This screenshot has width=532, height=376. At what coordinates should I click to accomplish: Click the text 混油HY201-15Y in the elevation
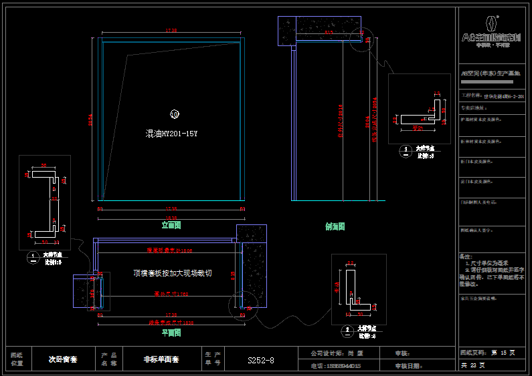tap(172, 134)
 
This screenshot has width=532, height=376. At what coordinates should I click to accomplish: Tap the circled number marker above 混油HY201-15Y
tap(175, 114)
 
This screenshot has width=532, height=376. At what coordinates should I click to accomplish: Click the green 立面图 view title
tap(171, 226)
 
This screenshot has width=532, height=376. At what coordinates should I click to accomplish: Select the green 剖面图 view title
tap(335, 226)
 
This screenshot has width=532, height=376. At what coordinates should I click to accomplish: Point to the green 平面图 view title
tap(171, 333)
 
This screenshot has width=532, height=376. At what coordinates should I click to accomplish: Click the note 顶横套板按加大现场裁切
tap(173, 273)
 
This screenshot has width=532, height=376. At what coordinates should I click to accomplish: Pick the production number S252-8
tap(261, 361)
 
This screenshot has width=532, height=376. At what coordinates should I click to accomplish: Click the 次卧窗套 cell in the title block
tap(64, 359)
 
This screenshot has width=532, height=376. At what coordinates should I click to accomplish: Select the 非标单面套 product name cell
tap(161, 359)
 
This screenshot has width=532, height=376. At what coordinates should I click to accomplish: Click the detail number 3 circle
tap(405, 150)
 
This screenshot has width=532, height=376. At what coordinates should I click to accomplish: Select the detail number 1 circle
tap(33, 256)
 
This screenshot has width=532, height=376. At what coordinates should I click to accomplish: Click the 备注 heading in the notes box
tap(466, 256)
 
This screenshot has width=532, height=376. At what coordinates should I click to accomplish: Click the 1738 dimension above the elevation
tap(171, 31)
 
